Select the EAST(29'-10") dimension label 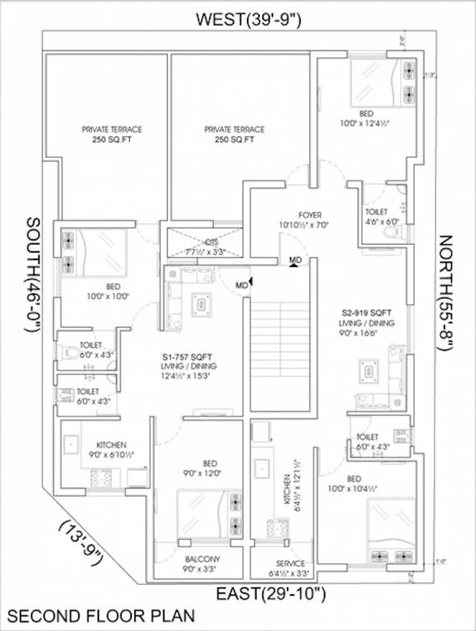coord(272,592)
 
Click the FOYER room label coord(291,218)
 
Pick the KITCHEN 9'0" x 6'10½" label coord(109,449)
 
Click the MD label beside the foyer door coord(294,260)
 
